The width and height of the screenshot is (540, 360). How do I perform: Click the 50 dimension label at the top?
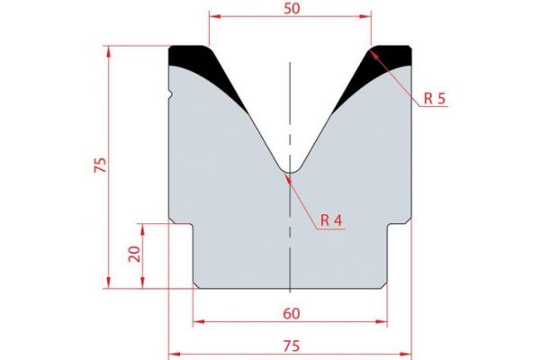[291, 7]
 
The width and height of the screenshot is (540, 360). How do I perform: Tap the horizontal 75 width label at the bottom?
[291, 344]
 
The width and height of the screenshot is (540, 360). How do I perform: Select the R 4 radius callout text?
[332, 220]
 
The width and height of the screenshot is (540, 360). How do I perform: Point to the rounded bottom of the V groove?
[290, 169]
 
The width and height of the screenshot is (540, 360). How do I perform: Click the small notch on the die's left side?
[170, 91]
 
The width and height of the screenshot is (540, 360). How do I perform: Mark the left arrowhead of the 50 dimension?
[213, 15]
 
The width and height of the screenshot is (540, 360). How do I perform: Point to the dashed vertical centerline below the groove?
[290, 243]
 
